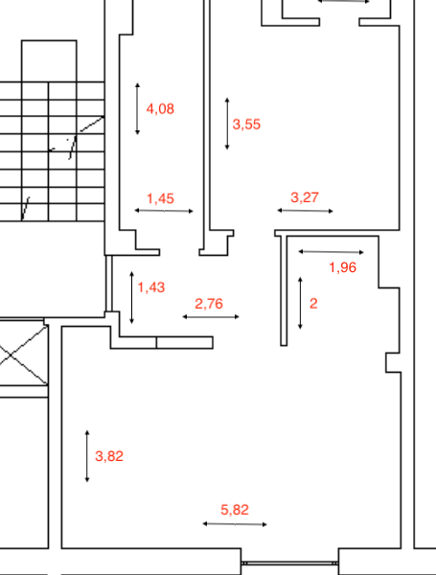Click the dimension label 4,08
pyautogui.click(x=160, y=109)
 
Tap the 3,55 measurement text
pyautogui.click(x=246, y=125)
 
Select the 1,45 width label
pyautogui.click(x=160, y=198)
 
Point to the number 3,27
pyautogui.click(x=305, y=197)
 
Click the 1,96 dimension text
pyautogui.click(x=343, y=267)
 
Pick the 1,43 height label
pyautogui.click(x=151, y=287)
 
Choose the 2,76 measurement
pyautogui.click(x=209, y=304)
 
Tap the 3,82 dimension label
pyautogui.click(x=109, y=456)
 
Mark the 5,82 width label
pyautogui.click(x=235, y=510)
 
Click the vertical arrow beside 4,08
pyautogui.click(x=138, y=109)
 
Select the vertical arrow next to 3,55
pyautogui.click(x=227, y=124)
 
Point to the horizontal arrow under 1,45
pyautogui.click(x=164, y=211)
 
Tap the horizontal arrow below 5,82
pyautogui.click(x=235, y=524)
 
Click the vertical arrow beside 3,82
pyautogui.click(x=87, y=456)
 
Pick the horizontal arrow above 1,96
pyautogui.click(x=332, y=252)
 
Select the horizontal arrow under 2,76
pyautogui.click(x=211, y=316)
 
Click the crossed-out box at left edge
pyautogui.click(x=24, y=354)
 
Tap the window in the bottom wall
pyautogui.click(x=289, y=563)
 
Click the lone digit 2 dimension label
pyautogui.click(x=313, y=304)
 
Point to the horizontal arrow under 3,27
pyautogui.click(x=305, y=211)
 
